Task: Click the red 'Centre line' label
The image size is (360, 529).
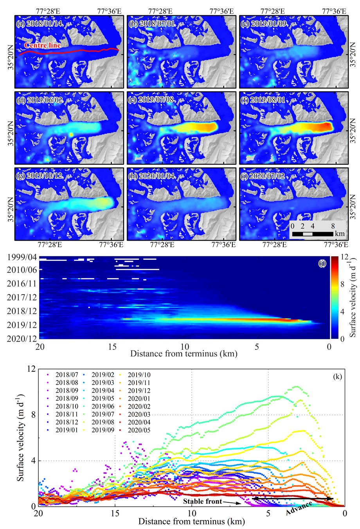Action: click(x=43, y=45)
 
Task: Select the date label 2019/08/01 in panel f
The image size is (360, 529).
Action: click(x=268, y=100)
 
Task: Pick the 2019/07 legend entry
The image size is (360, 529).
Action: click(x=103, y=414)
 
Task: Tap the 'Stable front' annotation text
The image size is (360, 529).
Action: click(x=203, y=501)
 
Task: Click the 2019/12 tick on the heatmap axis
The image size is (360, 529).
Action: click(x=22, y=325)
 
